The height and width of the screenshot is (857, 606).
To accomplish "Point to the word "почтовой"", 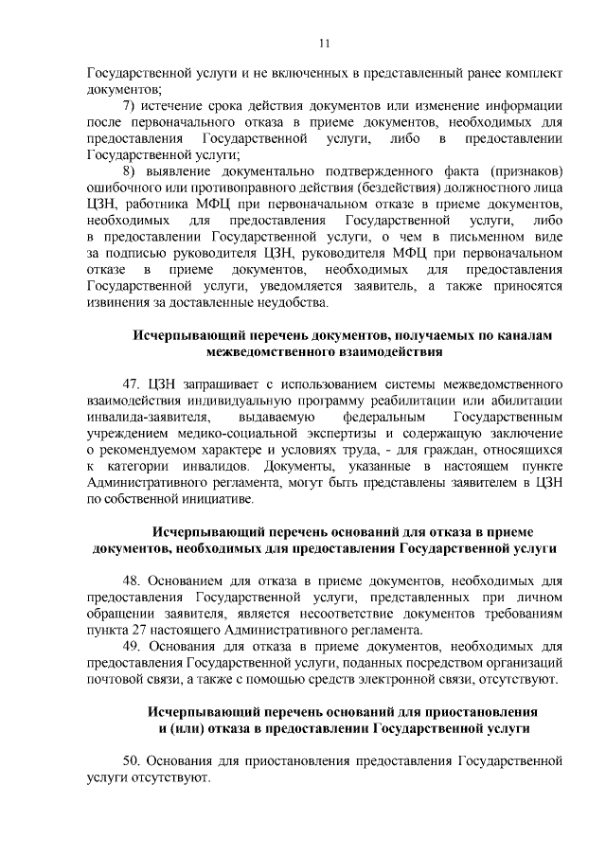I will point(113,680).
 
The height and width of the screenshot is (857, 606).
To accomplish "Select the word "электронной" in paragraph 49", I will point(415,680).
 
